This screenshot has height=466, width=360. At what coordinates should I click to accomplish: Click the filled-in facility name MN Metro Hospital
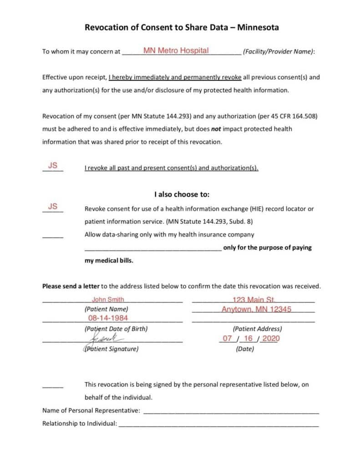click(176, 51)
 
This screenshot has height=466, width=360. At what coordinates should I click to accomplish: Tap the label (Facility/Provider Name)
click(278, 51)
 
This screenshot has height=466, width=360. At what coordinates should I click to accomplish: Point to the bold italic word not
click(217, 129)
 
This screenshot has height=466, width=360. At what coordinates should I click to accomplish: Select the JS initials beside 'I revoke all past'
click(53, 166)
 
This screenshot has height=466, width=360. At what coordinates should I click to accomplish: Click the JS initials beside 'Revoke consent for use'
click(53, 207)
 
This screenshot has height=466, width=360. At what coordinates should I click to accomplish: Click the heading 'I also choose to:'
click(182, 194)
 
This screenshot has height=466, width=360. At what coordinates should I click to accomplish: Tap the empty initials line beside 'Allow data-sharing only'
click(53, 236)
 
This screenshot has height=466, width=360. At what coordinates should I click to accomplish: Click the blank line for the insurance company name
click(153, 248)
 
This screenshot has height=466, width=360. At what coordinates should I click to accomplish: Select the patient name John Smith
click(108, 299)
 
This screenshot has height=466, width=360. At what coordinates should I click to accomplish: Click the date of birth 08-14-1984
click(108, 318)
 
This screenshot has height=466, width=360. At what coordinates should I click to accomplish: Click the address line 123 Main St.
click(254, 299)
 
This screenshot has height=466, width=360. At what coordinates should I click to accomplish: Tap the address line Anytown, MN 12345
click(256, 309)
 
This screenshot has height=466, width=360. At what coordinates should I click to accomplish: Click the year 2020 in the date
click(271, 339)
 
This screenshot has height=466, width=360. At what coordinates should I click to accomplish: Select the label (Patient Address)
click(257, 329)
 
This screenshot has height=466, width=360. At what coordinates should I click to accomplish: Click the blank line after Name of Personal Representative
click(231, 410)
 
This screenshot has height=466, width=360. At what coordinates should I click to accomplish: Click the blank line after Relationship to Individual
click(218, 424)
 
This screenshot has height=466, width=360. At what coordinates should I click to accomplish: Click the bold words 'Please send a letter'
click(71, 286)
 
